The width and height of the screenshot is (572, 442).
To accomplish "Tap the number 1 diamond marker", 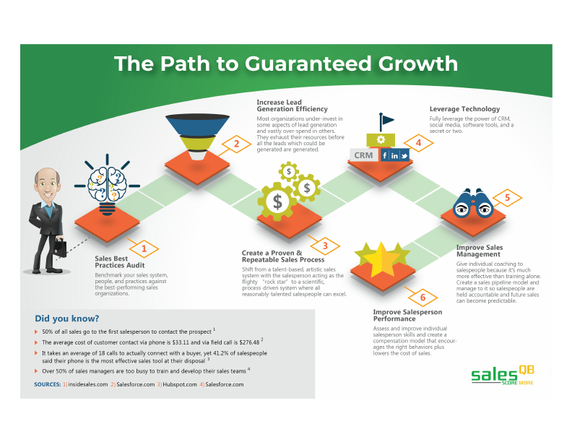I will click(x=144, y=249).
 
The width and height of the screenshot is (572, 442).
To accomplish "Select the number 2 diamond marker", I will click(x=236, y=143).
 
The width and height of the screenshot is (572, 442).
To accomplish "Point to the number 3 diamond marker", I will click(x=325, y=246).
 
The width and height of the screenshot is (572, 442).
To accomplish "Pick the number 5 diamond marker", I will click(x=507, y=196).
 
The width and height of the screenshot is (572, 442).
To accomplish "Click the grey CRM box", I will click(x=363, y=155).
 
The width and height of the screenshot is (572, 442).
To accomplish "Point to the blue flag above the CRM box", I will click(x=386, y=120).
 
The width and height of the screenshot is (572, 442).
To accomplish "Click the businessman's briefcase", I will click(x=60, y=249).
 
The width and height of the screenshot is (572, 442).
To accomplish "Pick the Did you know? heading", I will click(x=66, y=318).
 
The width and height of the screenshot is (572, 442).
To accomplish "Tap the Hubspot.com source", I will click(x=177, y=384).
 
